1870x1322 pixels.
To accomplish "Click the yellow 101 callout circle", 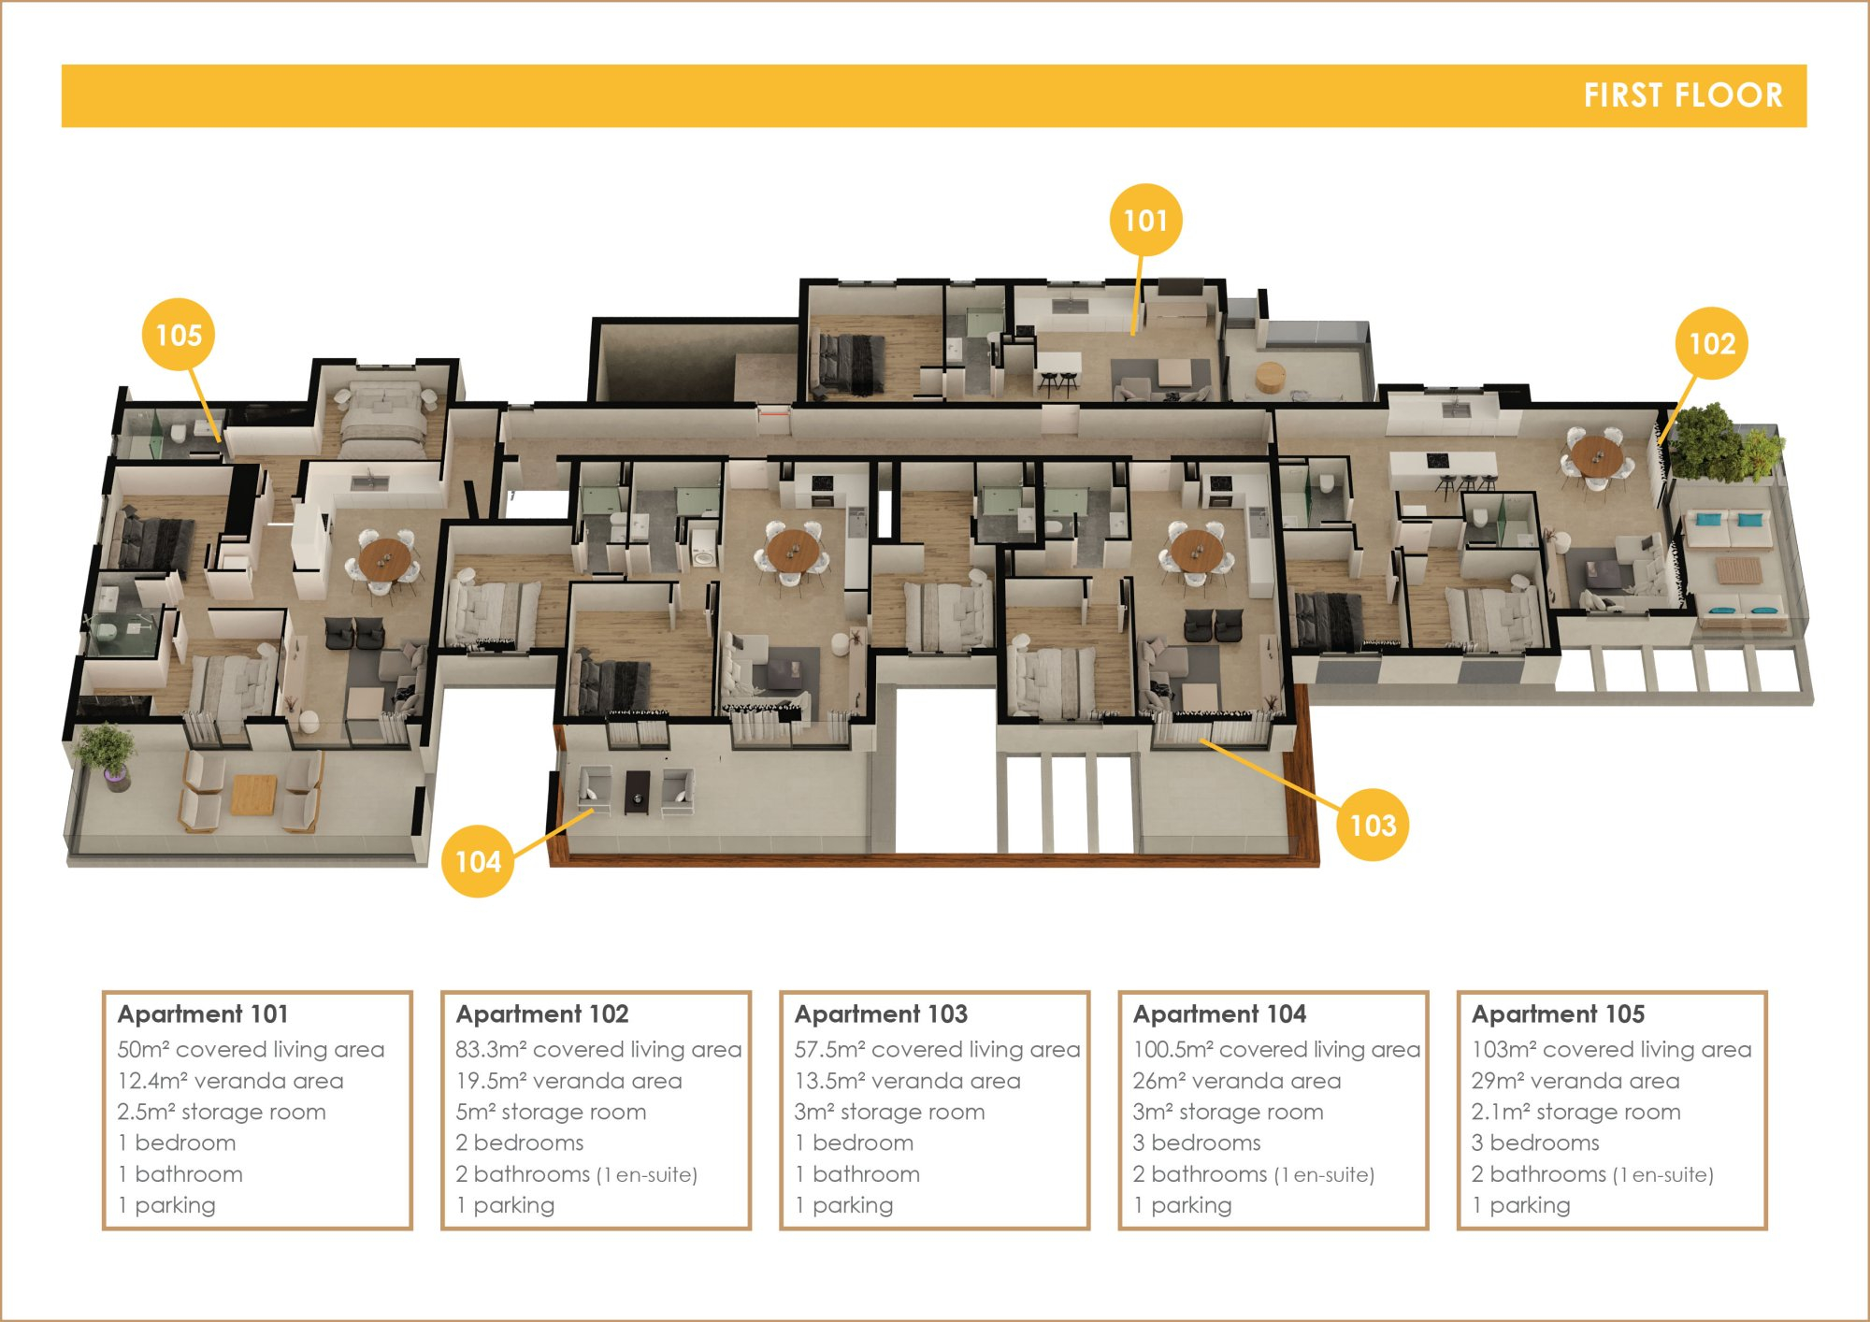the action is (x=1145, y=220).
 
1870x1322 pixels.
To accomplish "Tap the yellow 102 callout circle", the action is (x=1712, y=343).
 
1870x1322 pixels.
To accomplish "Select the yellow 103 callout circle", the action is (x=1373, y=825).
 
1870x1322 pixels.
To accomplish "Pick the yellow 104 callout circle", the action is (x=478, y=861).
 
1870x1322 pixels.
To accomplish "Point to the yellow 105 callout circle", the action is (x=179, y=334).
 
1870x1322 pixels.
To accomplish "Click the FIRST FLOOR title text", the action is (x=1683, y=95).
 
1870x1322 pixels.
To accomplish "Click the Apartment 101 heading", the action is (x=203, y=1013).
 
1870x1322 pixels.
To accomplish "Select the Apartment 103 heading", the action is (x=881, y=1013).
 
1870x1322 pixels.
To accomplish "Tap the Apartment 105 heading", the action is (x=1558, y=1013).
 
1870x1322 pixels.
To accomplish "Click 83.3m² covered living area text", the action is (x=598, y=1049).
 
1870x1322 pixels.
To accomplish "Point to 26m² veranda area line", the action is (x=1237, y=1081).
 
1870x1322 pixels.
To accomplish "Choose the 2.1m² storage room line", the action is (x=1575, y=1112).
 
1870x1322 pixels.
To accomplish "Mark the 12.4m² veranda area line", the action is (x=230, y=1081).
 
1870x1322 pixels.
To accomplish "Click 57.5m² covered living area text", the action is (x=937, y=1049).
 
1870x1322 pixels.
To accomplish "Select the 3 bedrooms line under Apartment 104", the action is (x=1197, y=1142).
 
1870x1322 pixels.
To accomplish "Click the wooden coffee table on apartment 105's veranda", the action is (x=252, y=794).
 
